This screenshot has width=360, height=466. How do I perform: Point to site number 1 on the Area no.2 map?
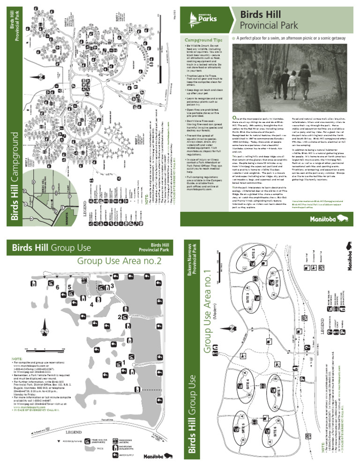tap(123, 362)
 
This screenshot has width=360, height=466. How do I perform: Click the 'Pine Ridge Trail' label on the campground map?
tap(98, 43)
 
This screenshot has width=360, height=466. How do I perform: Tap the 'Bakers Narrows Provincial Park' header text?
tap(192, 260)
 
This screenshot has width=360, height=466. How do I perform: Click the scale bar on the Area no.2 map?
tap(45, 349)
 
